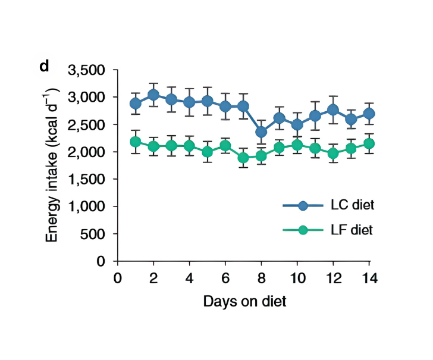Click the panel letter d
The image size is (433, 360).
tap(43, 67)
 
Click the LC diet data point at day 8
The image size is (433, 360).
tap(261, 132)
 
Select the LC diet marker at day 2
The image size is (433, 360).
tap(153, 95)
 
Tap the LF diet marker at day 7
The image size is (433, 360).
tap(243, 158)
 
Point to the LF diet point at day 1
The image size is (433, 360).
tap(136, 142)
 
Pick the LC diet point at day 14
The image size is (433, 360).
tap(369, 113)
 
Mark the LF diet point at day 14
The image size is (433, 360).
tap(369, 143)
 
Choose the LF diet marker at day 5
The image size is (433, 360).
tap(208, 152)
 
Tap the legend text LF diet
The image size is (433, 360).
tap(353, 230)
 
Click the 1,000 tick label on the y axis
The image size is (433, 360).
tap(87, 207)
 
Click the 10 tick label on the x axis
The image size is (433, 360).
tap(297, 278)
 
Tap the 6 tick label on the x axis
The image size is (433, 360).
tap(225, 278)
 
